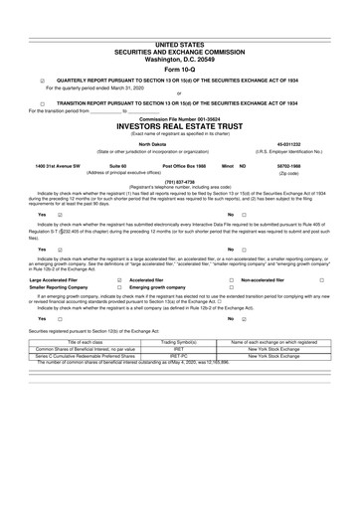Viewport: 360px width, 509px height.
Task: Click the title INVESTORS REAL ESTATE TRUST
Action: (x=179, y=128)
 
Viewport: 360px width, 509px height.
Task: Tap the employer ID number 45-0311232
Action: (x=300, y=143)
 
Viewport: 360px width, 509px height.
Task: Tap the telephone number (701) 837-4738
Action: (x=179, y=181)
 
